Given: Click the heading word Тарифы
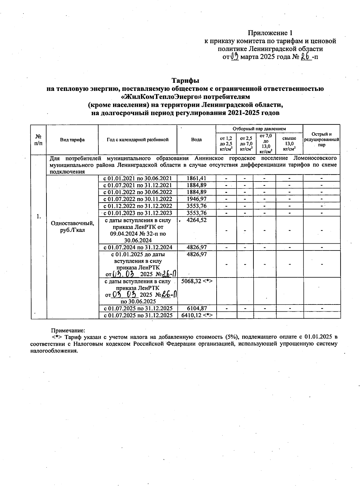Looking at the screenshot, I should pos(185,81).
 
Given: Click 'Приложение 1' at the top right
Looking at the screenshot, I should pos(270,33).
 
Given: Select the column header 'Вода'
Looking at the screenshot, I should pos(196,139).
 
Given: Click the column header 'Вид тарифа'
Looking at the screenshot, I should pos(72,139).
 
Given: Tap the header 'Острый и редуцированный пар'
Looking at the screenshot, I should pos(322,139).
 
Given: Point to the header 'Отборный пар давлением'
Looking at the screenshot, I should pos(259,129).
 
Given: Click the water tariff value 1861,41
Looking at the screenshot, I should pos(196,178).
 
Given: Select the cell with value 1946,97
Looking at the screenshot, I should pos(196,199).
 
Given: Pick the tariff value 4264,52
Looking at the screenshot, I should pos(196,220).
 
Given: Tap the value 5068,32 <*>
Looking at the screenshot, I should pos(197,281).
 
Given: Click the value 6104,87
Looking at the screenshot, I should pos(196,308).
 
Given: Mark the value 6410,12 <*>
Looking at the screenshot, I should pos(197,315).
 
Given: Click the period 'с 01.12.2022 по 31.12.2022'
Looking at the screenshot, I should pos(138,206).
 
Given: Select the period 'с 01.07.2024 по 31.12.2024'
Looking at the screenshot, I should pos(138,247).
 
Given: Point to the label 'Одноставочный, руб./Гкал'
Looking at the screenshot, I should pos(72,227).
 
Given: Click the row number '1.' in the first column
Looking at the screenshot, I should pos(38,216).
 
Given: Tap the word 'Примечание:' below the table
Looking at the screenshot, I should pos(68,331).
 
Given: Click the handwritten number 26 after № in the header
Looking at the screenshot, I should pos(305,57).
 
